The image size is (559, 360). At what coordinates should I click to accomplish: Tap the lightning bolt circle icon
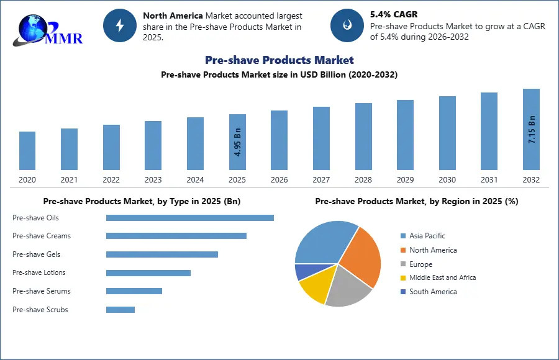click(120, 25)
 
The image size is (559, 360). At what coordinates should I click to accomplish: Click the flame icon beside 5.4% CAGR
click(347, 25)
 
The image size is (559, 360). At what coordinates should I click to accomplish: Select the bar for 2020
click(27, 151)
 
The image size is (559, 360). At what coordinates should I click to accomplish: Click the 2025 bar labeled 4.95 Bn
click(237, 142)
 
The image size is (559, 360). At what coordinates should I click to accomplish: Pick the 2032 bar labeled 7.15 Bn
click(531, 129)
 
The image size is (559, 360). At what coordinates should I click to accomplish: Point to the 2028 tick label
click(363, 180)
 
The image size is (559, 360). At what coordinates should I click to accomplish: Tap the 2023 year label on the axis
click(153, 180)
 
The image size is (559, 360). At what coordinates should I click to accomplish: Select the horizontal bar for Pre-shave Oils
click(190, 218)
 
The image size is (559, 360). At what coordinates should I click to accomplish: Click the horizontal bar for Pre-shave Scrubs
click(120, 310)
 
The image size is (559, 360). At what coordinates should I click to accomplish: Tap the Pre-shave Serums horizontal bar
click(134, 291)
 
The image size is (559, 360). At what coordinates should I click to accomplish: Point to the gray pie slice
click(349, 288)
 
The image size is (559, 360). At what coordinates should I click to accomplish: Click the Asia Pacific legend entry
click(427, 236)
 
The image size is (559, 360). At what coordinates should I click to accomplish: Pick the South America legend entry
click(433, 292)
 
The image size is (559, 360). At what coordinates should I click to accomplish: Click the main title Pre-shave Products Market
click(279, 60)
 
